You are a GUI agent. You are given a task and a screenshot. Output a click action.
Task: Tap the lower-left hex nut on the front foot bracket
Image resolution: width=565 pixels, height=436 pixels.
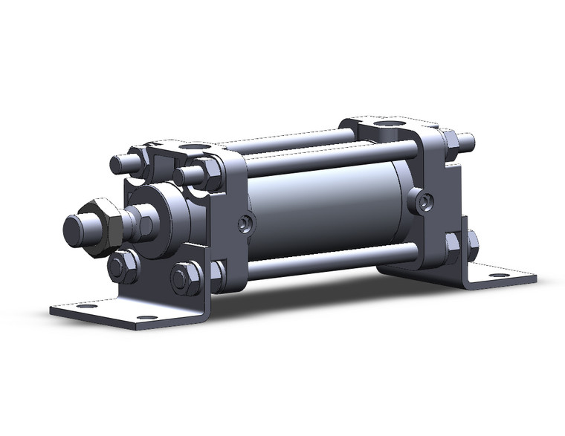click(123, 265)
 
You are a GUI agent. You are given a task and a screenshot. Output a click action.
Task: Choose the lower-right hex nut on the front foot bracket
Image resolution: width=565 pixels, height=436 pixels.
click(185, 278)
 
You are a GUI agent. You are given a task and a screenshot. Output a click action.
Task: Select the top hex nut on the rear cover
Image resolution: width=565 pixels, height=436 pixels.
click(448, 139)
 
